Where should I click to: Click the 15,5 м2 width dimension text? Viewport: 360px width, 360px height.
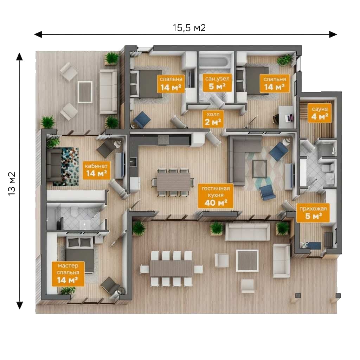click(x=189, y=28)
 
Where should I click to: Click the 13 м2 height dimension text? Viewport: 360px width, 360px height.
click(x=12, y=184)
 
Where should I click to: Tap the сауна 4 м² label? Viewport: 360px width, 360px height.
click(x=319, y=113)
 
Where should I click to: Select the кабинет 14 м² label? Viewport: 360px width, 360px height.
click(x=96, y=170)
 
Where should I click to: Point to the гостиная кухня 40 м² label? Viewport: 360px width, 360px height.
click(x=216, y=195)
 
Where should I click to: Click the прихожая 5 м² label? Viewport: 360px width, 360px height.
click(x=313, y=213)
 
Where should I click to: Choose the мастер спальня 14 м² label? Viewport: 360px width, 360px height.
click(x=68, y=274)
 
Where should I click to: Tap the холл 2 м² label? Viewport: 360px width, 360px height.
click(x=213, y=118)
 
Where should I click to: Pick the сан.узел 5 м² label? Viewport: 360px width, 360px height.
click(x=217, y=83)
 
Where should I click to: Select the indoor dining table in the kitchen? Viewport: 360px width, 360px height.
click(x=174, y=182)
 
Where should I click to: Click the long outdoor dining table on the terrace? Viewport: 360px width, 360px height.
click(x=172, y=268)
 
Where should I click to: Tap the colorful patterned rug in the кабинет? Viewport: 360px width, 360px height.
click(x=70, y=166)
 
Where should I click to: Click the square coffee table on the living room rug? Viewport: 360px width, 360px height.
click(x=259, y=169)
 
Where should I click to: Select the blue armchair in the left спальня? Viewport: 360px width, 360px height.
click(x=142, y=119)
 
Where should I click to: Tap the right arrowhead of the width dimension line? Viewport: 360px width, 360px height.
click(x=333, y=34)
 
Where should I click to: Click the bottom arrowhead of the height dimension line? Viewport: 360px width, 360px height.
click(x=20, y=305)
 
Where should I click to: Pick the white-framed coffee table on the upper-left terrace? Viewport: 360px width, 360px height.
click(x=85, y=92)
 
